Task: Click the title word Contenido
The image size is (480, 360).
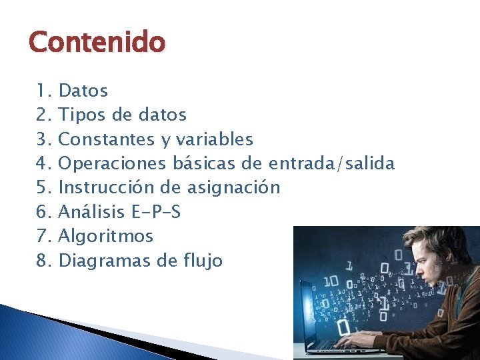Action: coord(97,43)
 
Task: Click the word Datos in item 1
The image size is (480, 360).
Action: coord(83,91)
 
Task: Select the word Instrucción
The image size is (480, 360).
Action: coord(105,187)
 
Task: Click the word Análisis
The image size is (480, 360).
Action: coord(91,212)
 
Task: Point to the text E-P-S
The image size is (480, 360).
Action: coord(156,212)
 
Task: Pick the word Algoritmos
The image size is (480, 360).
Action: coord(106,236)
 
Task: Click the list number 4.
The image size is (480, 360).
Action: coord(43,163)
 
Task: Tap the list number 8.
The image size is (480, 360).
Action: coord(43,261)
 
